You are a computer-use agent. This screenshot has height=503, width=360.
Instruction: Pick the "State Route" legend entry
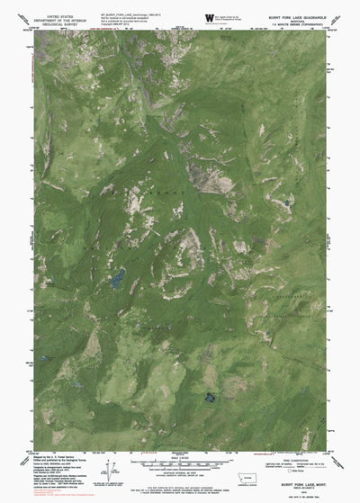301,470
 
